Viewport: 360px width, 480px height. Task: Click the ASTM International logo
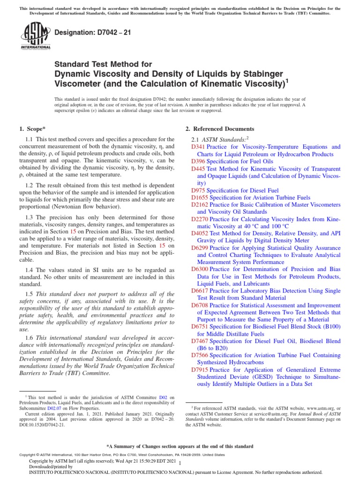tap(36, 37)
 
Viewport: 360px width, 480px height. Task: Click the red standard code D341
tap(198, 147)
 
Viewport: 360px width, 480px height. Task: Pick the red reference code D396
tap(198, 161)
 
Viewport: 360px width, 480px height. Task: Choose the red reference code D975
tap(198, 190)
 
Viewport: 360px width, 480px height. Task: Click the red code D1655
tap(200, 197)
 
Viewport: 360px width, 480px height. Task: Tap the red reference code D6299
tap(200, 248)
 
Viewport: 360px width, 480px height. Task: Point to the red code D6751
tap(200, 326)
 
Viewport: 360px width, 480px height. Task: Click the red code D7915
tap(200, 369)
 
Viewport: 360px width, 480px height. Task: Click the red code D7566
tap(200, 355)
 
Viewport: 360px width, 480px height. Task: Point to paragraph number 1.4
tap(29, 270)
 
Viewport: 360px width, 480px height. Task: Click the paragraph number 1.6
tap(29, 337)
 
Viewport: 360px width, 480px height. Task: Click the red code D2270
tap(200, 219)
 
